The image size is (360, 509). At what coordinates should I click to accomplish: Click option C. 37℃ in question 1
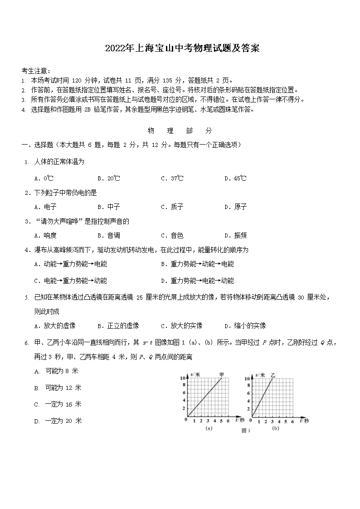click(x=172, y=179)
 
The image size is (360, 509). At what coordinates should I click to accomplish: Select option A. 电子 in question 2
click(x=45, y=207)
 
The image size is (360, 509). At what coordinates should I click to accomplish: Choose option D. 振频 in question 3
click(x=235, y=236)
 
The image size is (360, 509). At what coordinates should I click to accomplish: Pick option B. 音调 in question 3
click(x=108, y=236)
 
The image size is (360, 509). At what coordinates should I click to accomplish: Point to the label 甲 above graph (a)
click(x=221, y=374)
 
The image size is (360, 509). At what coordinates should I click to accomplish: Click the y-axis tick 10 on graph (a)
click(x=182, y=378)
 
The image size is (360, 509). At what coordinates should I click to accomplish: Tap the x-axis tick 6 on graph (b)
click(x=292, y=422)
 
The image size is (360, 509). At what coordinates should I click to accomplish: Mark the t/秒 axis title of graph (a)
click(x=240, y=421)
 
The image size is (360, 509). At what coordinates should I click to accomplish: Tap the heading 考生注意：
click(x=36, y=71)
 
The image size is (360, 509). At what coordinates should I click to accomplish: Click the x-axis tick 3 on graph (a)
click(x=209, y=422)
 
